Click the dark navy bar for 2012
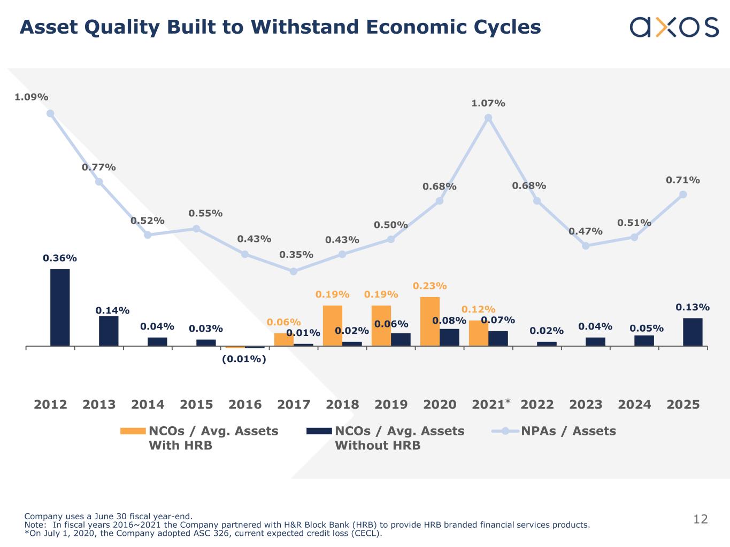pyautogui.click(x=60, y=307)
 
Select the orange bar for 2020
pyautogui.click(x=429, y=322)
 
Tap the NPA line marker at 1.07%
pyautogui.click(x=488, y=118)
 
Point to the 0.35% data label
pyautogui.click(x=296, y=255)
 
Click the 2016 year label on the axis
pyautogui.click(x=245, y=404)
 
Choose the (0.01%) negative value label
pyautogui.click(x=244, y=359)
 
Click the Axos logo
pyautogui.click(x=674, y=27)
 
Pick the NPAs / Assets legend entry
pyautogui.click(x=568, y=431)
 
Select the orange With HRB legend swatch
pyautogui.click(x=133, y=431)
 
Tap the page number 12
pyautogui.click(x=700, y=519)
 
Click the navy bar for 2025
pyautogui.click(x=693, y=332)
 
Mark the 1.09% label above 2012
pyautogui.click(x=31, y=97)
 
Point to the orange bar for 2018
pyautogui.click(x=332, y=326)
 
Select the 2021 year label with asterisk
pyautogui.click(x=490, y=404)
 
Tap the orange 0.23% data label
pyautogui.click(x=429, y=286)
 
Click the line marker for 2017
pyautogui.click(x=294, y=271)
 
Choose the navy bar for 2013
pyautogui.click(x=109, y=331)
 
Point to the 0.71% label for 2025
pyautogui.click(x=682, y=181)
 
